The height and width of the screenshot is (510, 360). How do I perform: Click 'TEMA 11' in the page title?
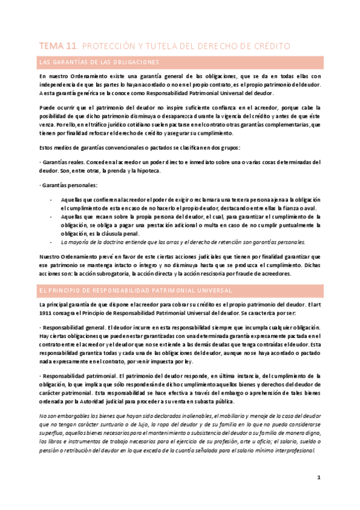point(57,46)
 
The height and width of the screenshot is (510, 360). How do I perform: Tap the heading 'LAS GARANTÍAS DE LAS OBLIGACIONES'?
point(99,63)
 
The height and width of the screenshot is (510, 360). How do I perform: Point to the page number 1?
point(319,478)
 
